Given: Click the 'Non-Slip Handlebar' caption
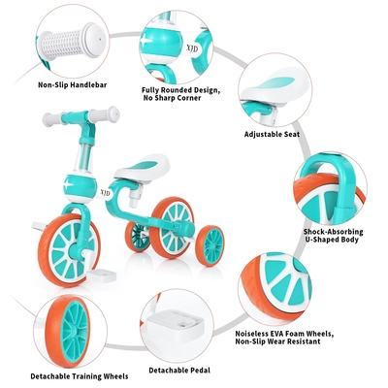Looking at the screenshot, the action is click(x=73, y=85).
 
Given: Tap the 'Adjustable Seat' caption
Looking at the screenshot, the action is click(x=272, y=134).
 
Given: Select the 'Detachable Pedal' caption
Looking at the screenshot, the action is click(x=179, y=371).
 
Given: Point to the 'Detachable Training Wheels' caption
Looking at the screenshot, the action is click(x=80, y=376).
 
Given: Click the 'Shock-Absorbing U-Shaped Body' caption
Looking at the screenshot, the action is click(x=333, y=236).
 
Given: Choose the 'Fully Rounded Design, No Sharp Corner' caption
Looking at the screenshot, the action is click(x=180, y=94).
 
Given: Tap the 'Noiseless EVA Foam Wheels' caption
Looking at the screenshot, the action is click(x=284, y=334).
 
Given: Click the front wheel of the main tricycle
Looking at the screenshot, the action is click(x=69, y=249).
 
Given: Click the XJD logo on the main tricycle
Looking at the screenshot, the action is click(x=105, y=193).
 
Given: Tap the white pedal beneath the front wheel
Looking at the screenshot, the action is click(x=102, y=275).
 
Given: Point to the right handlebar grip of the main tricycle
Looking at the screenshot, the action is click(x=104, y=115).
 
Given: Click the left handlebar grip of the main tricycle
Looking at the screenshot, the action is click(x=51, y=119).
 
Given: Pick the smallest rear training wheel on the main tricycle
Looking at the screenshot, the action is click(x=210, y=245).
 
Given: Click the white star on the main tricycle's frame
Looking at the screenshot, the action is click(x=68, y=185).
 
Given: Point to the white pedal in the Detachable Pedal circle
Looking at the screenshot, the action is click(x=178, y=323).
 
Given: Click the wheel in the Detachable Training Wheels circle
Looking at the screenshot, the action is click(x=68, y=332).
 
